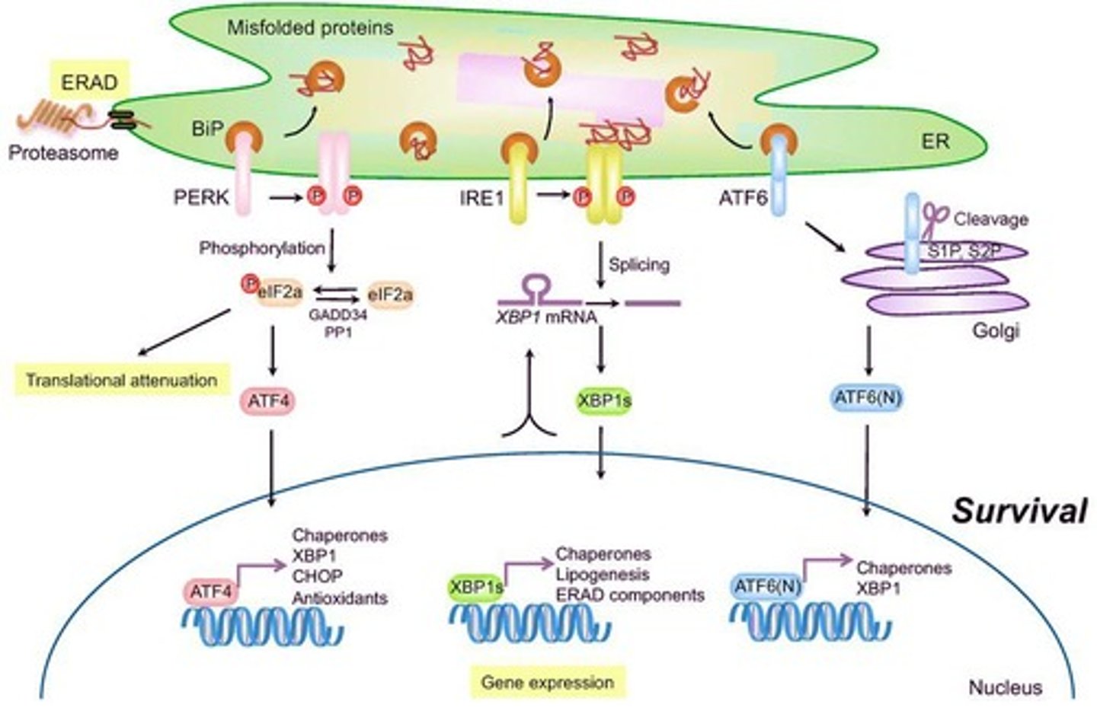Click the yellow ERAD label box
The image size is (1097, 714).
(89, 82)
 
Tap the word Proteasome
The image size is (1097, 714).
(63, 153)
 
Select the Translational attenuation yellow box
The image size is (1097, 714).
(121, 380)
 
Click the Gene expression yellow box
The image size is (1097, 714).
(547, 682)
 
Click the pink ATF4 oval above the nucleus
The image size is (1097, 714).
(268, 400)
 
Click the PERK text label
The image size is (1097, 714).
(200, 197)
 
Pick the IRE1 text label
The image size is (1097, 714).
(481, 199)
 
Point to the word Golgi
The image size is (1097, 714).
(996, 331)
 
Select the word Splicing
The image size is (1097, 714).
(638, 264)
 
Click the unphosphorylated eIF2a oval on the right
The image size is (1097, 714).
(390, 295)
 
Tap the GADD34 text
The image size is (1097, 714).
(337, 314)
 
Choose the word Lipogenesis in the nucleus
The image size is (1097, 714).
(602, 574)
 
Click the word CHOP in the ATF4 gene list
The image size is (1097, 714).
(317, 576)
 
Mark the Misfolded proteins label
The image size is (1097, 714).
(310, 28)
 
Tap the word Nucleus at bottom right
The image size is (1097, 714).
(1005, 687)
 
